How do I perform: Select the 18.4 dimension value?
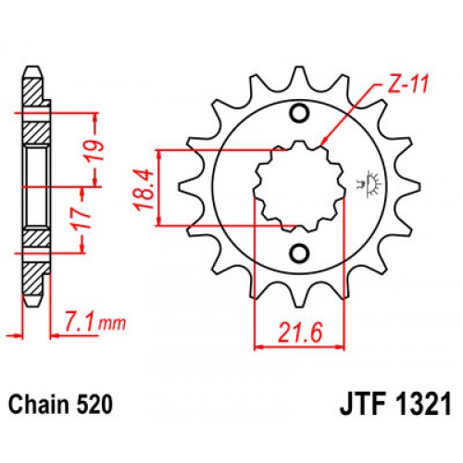pos(142,187)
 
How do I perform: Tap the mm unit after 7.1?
pos(112,325)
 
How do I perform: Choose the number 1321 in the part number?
pos(420,404)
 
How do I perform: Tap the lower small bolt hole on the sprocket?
pos(298,254)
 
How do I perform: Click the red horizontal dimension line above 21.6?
pos(298,344)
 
